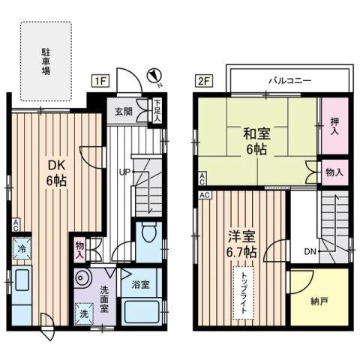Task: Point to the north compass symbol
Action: click(x=154, y=74)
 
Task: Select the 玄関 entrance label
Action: click(x=123, y=112)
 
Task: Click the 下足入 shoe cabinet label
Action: click(x=157, y=112)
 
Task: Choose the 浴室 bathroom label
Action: click(x=139, y=286)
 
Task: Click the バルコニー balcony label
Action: click(x=289, y=79)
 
